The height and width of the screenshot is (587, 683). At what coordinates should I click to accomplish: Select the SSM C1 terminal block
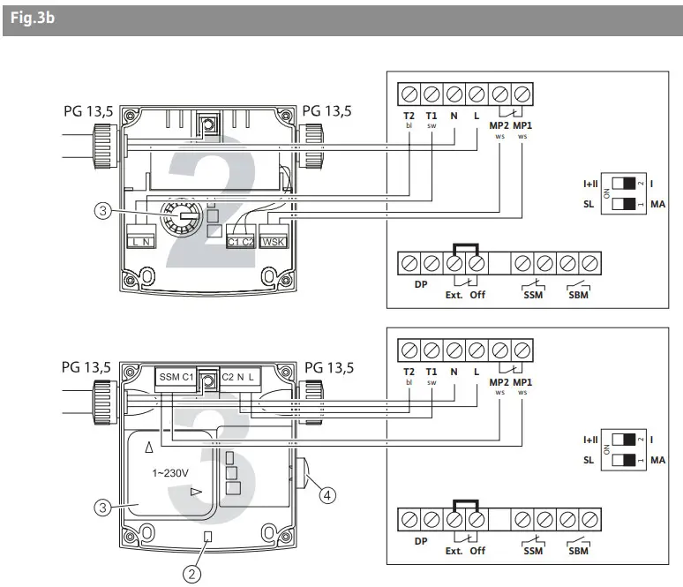click(x=177, y=378)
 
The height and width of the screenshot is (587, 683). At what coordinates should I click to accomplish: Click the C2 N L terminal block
click(x=239, y=378)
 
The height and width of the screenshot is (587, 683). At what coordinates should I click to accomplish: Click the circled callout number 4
click(x=326, y=495)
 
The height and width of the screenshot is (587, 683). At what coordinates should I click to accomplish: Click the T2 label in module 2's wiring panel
click(x=409, y=115)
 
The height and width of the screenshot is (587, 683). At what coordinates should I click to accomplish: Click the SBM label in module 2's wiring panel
click(x=578, y=294)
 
